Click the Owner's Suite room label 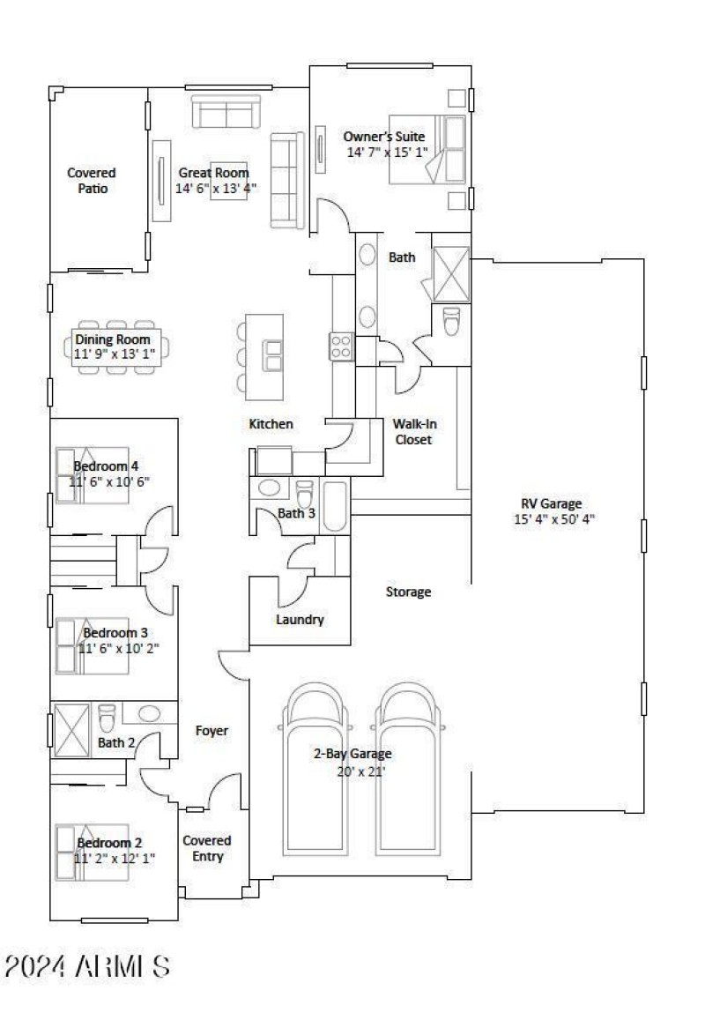pos(384,137)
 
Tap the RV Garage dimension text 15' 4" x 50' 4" pos(554,518)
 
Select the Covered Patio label pos(92,181)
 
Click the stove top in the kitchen pos(341,346)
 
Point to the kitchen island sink pos(273,355)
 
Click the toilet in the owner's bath pos(451,321)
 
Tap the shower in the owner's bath pos(450,274)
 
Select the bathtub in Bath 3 pos(334,506)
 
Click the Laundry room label pos(300,620)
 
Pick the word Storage pos(408,592)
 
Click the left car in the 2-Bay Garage pos(315,770)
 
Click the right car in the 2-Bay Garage pos(409,770)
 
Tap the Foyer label pos(211,731)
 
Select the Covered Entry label pos(207,848)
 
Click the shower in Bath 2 pos(71,731)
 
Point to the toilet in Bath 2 pos(107,718)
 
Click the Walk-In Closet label pos(414,431)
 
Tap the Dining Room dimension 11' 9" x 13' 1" pos(115,354)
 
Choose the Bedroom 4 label pos(106,466)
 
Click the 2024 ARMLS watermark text pos(87,967)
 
